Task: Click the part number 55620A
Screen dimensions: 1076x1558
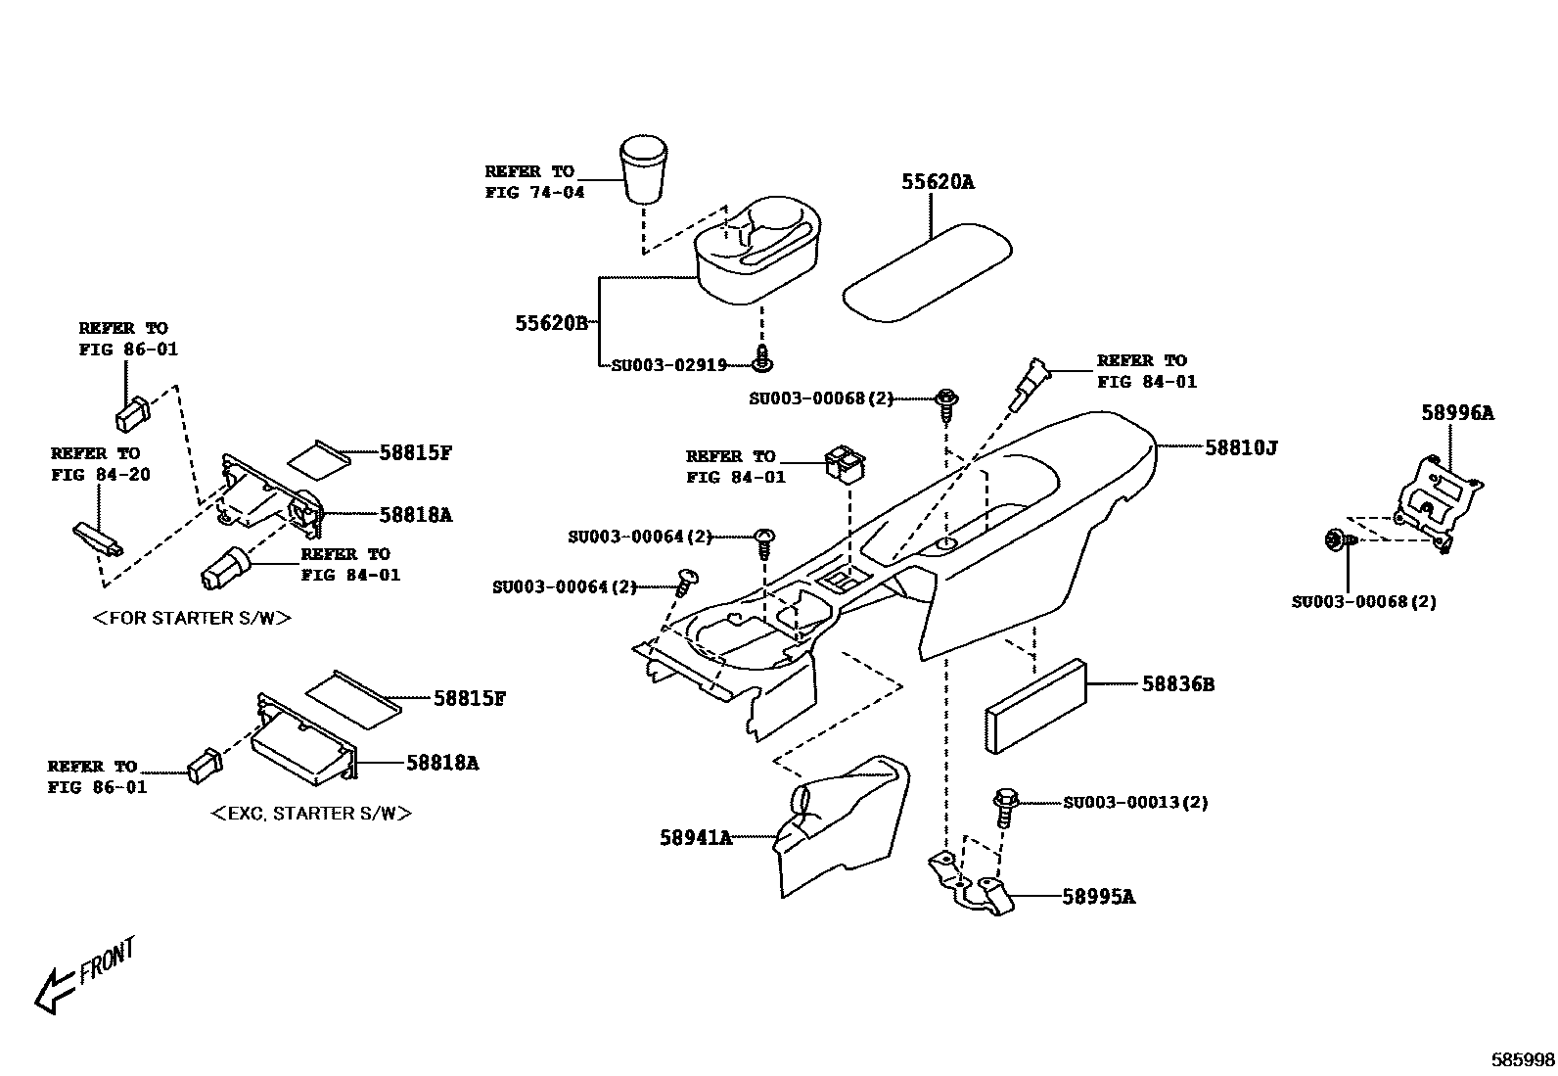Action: click(938, 182)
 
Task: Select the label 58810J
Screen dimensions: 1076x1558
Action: click(1240, 447)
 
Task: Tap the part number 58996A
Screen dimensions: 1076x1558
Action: click(1456, 413)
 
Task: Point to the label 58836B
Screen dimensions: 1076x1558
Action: click(1177, 684)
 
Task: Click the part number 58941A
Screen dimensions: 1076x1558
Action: click(695, 838)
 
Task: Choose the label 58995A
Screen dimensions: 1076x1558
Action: click(1098, 897)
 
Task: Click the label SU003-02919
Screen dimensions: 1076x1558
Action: click(668, 365)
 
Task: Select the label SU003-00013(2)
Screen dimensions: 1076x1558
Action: click(1135, 803)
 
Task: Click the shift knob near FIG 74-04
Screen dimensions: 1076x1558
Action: click(644, 169)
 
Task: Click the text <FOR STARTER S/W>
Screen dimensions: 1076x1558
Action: click(192, 618)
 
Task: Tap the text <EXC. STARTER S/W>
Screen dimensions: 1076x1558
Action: click(311, 814)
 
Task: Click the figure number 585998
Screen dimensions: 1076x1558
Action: click(1523, 1059)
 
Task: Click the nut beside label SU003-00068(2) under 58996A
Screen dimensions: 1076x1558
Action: click(1335, 538)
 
